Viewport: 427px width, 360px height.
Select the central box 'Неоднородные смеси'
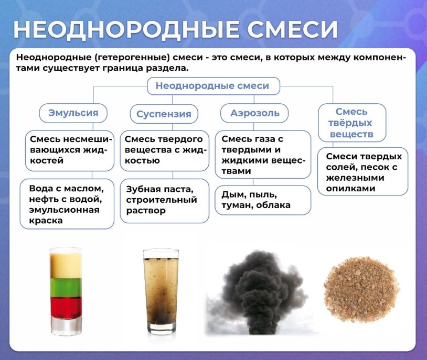point(212,86)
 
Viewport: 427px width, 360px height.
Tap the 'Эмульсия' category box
point(72,113)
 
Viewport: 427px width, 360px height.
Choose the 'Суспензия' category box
point(164,114)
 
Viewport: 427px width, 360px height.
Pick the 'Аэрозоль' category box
point(255,113)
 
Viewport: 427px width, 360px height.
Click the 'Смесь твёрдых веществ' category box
point(351,123)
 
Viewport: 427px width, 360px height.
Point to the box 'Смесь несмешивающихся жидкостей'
point(69,150)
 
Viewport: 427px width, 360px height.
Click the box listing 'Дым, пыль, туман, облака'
point(263,200)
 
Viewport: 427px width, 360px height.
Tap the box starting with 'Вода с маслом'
point(67,204)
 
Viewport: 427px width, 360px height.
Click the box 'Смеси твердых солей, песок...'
point(362,172)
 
